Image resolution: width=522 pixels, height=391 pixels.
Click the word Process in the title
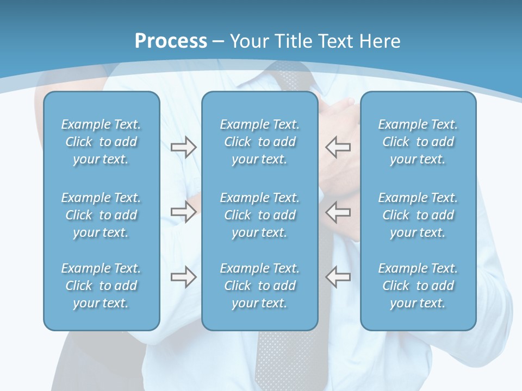click(x=171, y=41)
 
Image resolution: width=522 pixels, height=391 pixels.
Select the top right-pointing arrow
click(x=183, y=147)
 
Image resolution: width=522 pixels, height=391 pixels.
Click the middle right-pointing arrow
click(x=183, y=211)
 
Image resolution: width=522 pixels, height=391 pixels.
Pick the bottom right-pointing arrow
click(x=183, y=277)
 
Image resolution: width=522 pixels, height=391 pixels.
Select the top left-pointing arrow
click(x=338, y=147)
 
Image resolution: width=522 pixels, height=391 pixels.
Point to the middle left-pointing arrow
click(x=338, y=211)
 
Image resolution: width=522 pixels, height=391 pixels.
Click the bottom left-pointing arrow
click(x=338, y=277)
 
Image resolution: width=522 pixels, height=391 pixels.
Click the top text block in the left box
click(x=101, y=142)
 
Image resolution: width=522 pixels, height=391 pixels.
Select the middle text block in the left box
click(x=101, y=215)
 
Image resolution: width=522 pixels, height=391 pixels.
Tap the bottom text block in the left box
click(x=101, y=286)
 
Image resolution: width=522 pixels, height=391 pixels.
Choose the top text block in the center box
click(x=259, y=142)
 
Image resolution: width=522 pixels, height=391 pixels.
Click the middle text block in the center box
click(x=259, y=215)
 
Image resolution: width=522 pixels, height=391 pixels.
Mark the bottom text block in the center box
click(x=259, y=286)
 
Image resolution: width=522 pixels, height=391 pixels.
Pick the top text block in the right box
click(x=418, y=142)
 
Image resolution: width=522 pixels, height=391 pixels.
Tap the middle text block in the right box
click(x=418, y=215)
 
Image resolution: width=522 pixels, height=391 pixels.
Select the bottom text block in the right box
click(x=418, y=286)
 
